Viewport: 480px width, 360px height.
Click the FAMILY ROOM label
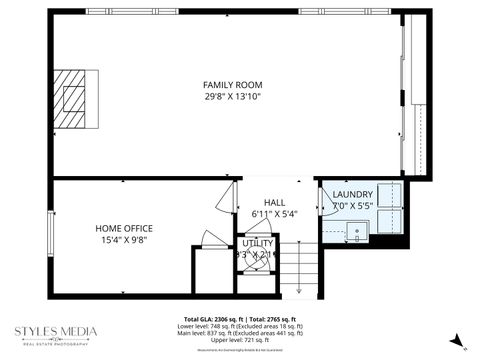pyautogui.click(x=232, y=84)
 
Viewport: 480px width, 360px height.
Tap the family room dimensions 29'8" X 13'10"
pyautogui.click(x=232, y=97)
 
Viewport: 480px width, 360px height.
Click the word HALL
pyautogui.click(x=274, y=203)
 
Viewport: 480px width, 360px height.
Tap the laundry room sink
pyautogui.click(x=358, y=235)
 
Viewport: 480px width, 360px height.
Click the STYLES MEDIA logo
pyautogui.click(x=56, y=334)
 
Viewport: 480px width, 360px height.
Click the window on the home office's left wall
pyautogui.click(x=52, y=229)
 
